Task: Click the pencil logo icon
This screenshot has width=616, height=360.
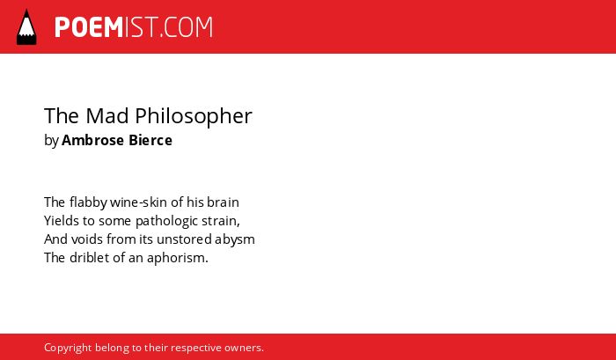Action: point(26,27)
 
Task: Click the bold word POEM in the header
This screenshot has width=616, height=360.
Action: point(89,27)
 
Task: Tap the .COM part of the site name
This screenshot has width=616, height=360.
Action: point(187,27)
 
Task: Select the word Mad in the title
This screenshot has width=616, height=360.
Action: point(107,115)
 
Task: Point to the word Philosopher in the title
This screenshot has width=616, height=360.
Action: point(194,116)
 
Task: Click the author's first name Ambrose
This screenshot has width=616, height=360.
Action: point(92,140)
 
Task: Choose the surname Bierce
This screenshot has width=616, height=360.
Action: point(150,140)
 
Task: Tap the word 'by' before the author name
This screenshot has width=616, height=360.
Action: point(51,141)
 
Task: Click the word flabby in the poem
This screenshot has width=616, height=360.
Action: point(88,202)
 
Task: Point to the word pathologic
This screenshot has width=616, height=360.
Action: point(166,222)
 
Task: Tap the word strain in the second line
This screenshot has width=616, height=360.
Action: point(219,221)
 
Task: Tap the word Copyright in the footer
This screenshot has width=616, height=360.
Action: point(68,349)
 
